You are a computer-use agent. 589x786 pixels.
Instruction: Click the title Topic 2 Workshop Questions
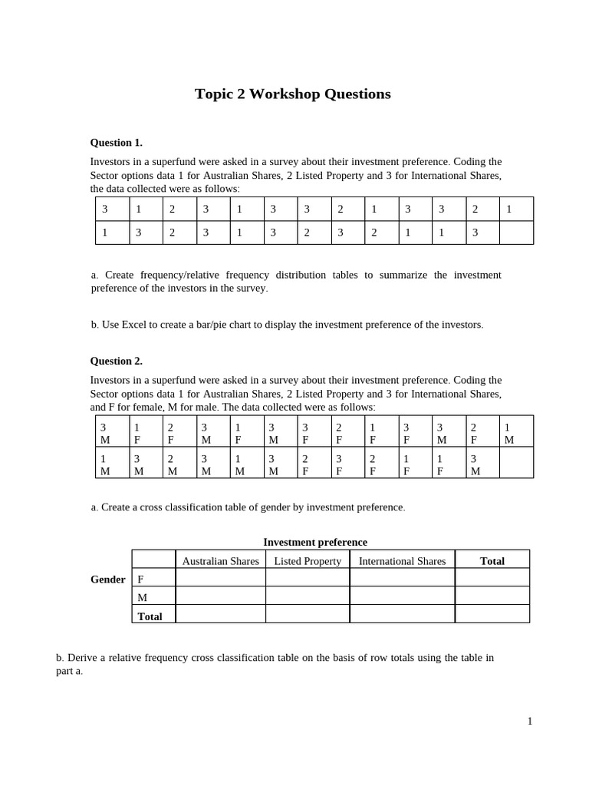coord(292,94)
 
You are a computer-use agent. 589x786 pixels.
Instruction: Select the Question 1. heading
coord(116,142)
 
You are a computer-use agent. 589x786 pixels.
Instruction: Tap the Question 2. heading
coord(116,361)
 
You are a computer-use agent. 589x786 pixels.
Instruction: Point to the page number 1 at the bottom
coord(529,721)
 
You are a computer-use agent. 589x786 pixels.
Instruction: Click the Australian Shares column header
coord(220,561)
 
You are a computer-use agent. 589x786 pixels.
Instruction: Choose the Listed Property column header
coord(308,561)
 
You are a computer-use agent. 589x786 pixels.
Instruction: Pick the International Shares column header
coord(402,561)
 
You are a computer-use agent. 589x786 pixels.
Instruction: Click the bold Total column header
coord(492,561)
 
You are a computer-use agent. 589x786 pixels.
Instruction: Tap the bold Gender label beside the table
coord(107,580)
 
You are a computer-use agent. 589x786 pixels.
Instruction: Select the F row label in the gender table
coord(140,580)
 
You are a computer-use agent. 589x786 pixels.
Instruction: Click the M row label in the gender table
coord(142,597)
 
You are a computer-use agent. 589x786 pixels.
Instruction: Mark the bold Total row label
coord(150,616)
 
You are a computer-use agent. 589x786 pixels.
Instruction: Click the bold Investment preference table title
coord(315,542)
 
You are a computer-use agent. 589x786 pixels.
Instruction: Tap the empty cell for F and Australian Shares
coord(220,578)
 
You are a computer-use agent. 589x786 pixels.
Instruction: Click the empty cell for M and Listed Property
coord(308,596)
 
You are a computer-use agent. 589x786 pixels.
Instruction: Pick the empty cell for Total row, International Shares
coord(402,614)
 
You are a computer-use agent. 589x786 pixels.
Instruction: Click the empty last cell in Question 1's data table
coord(516,233)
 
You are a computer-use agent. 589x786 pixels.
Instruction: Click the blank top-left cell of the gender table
coord(153,560)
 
